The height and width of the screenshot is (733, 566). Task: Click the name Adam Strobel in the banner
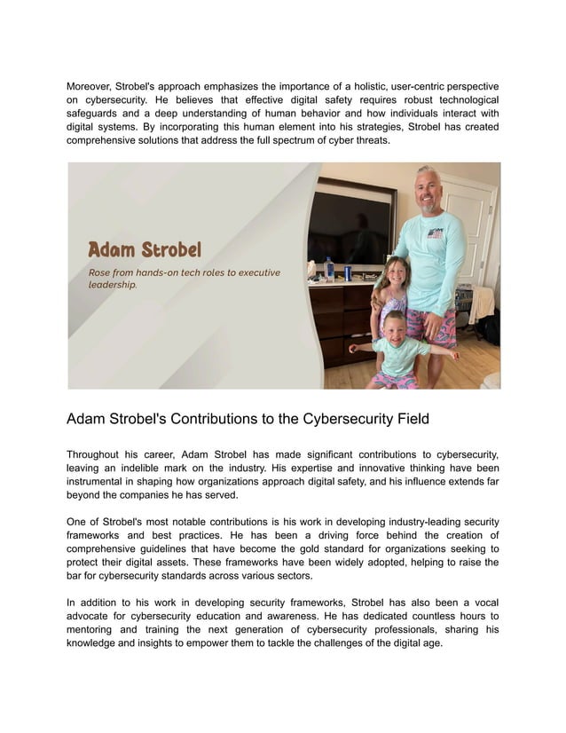(145, 249)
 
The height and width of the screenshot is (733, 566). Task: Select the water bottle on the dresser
(330, 269)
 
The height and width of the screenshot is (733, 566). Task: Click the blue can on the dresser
(348, 273)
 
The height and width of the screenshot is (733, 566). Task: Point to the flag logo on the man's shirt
(435, 234)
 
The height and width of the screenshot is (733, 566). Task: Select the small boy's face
(393, 326)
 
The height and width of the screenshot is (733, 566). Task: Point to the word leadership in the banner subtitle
(112, 286)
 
